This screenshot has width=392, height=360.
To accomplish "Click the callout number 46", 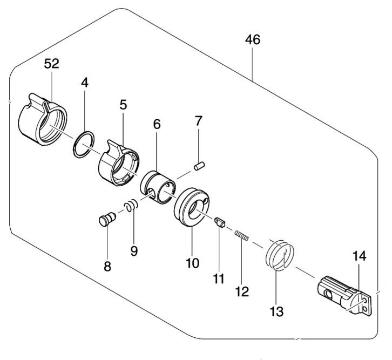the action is (253, 40).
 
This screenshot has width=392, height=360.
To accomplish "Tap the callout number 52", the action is (51, 64).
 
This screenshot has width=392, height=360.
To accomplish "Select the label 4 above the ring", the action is (85, 83).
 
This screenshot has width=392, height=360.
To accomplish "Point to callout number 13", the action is (277, 311).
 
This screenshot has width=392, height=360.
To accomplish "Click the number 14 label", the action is (360, 256).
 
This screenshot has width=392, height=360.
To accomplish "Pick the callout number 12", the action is (242, 291).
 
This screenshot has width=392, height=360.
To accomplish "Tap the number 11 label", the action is (219, 279).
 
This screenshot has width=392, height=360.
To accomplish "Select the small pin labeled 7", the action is (199, 166).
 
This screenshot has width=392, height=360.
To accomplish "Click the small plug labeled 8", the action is (107, 219).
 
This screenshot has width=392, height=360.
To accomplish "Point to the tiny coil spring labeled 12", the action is (241, 236).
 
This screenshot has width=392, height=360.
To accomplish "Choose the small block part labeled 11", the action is (220, 222).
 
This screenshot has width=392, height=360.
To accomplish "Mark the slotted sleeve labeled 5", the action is (119, 164).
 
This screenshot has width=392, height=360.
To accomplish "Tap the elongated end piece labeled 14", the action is (344, 296).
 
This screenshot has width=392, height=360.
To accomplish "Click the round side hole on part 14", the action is (328, 294).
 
